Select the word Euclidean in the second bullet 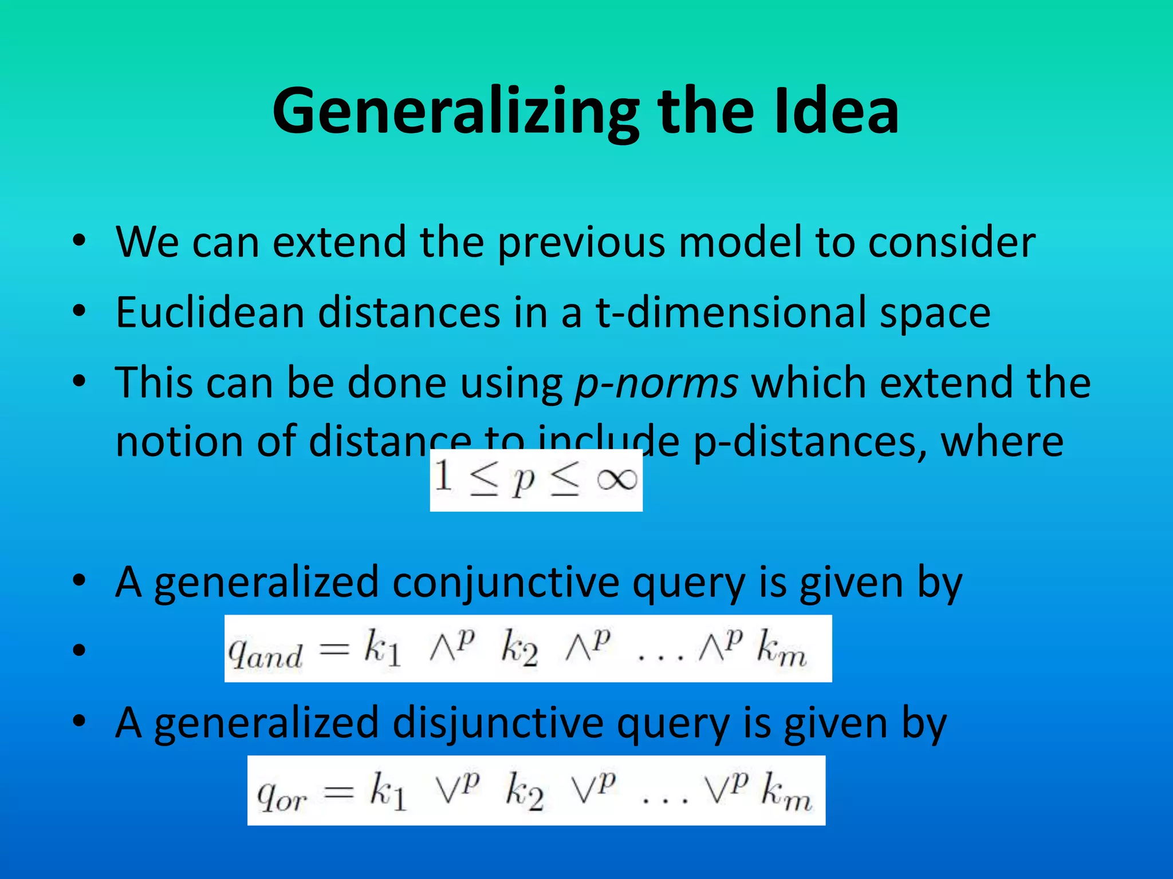click(x=210, y=312)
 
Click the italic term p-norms click(x=656, y=383)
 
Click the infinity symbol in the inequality click(x=616, y=480)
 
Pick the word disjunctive click(x=498, y=723)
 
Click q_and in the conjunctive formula click(x=265, y=653)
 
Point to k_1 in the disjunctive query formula click(x=388, y=792)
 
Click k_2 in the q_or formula click(x=524, y=792)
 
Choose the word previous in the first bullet click(x=581, y=243)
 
